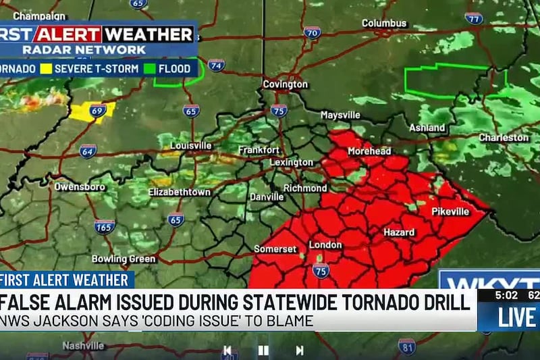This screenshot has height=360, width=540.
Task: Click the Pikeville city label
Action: click(x=450, y=211)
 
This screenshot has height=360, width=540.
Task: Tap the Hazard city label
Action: click(x=399, y=232)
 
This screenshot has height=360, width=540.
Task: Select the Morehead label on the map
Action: click(x=369, y=151)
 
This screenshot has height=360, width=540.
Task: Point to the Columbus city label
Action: click(x=384, y=23)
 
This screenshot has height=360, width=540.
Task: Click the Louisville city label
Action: click(x=191, y=145)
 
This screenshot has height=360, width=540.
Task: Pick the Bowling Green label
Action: click(x=124, y=259)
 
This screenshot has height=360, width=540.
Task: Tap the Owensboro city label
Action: click(x=80, y=186)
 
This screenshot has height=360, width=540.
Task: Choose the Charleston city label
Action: click(x=504, y=138)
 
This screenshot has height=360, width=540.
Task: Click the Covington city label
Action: click(x=286, y=84)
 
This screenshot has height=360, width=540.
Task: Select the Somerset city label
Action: click(x=275, y=249)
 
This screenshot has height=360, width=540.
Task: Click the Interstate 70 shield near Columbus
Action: click(x=312, y=32)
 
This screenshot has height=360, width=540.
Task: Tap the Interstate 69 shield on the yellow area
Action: click(x=98, y=110)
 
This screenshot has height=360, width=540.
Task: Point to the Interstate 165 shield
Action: click(x=104, y=226)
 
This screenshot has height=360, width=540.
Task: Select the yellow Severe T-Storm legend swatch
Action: click(x=46, y=68)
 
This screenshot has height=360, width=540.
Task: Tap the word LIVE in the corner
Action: click(x=516, y=317)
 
